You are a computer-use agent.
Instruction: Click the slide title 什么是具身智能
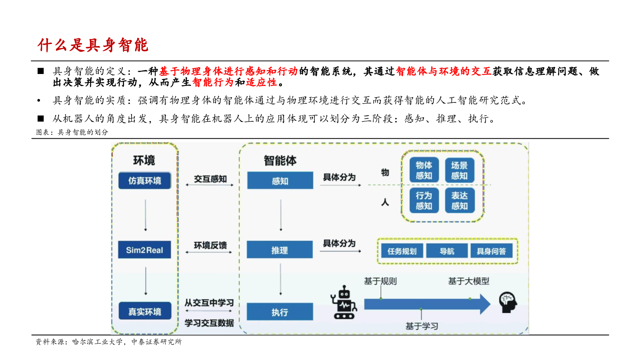point(93,45)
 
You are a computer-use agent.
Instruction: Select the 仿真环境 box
point(144,180)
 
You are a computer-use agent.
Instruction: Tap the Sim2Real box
point(144,250)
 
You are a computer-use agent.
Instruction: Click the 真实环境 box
point(144,311)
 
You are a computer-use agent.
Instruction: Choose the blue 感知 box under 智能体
point(280,181)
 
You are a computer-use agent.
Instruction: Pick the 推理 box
point(280,250)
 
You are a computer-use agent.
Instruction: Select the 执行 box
point(280,312)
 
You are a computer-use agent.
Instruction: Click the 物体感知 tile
point(424,170)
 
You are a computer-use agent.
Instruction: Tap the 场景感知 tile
point(459,170)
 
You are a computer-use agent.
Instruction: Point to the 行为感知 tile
point(424,200)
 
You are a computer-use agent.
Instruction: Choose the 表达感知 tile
point(459,200)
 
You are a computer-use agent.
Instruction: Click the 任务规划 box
point(402,251)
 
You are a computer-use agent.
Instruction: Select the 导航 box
point(447,251)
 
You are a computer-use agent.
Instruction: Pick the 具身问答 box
point(491,251)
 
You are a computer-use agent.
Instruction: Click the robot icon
point(343,303)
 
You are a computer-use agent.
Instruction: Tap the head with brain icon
point(508,302)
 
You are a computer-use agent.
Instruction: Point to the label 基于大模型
point(468,281)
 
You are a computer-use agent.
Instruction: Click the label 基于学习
point(422,326)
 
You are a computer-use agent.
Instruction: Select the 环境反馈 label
point(210,245)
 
